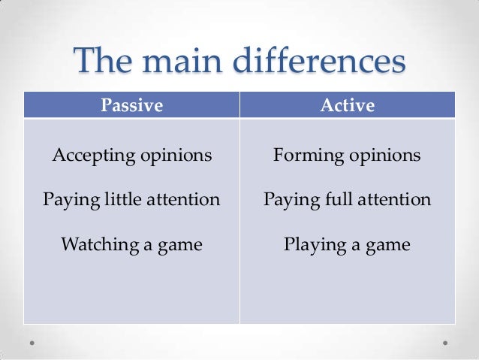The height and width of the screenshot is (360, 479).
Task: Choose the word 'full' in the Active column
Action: click(x=338, y=201)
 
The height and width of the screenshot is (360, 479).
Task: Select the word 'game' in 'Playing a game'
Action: click(x=386, y=246)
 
